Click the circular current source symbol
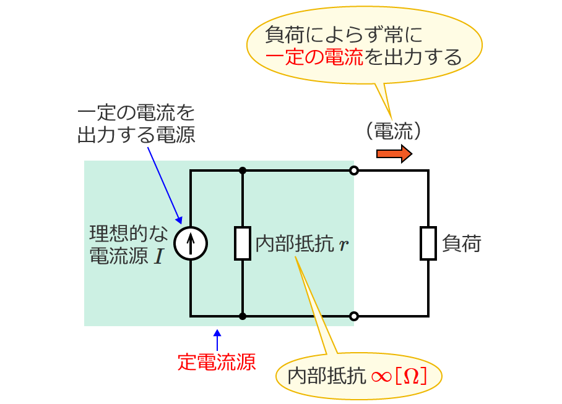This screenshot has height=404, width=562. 191,243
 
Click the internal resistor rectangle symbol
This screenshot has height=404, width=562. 242,243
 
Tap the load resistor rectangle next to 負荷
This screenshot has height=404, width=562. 428,243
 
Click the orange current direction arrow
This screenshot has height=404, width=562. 394,154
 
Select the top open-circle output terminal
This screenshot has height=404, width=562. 354,170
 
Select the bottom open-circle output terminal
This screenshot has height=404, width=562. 354,316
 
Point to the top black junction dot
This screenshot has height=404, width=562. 243,170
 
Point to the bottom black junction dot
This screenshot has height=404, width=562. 243,316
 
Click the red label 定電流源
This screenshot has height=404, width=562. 217,361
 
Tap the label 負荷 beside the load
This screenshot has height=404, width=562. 462,244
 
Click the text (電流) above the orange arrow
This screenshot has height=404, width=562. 394,130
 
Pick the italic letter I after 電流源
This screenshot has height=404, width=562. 158,256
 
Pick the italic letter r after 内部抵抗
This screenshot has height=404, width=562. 344,245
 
